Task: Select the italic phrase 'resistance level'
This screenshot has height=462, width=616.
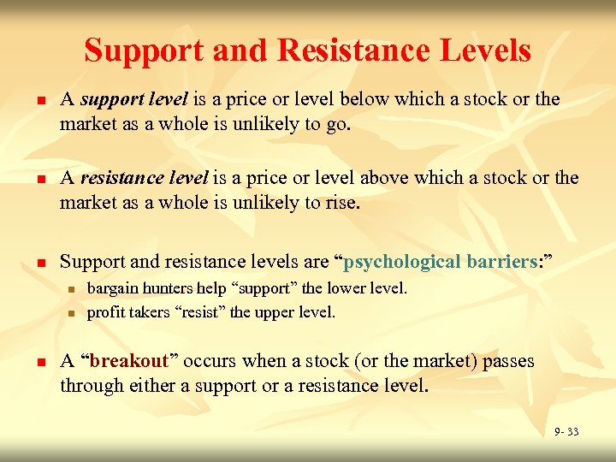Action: coord(144,179)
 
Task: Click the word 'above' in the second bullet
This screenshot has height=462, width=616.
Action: coord(385,179)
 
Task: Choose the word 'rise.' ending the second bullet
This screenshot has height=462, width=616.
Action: coord(341,204)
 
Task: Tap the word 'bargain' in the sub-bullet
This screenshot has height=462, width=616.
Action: coord(111,288)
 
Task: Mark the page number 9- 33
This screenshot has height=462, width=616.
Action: coord(566,432)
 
